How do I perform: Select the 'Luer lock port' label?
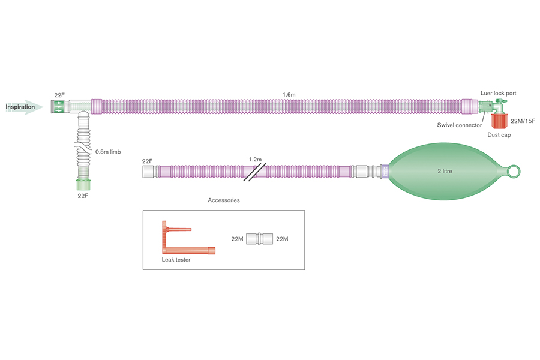(x=498, y=94)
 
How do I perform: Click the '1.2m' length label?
(x=255, y=160)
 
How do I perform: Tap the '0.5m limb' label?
(x=108, y=152)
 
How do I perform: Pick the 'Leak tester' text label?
(x=176, y=260)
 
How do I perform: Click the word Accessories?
(x=223, y=200)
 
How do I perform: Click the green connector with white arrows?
(x=59, y=107)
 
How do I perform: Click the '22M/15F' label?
(x=523, y=122)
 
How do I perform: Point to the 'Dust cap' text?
(x=499, y=135)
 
